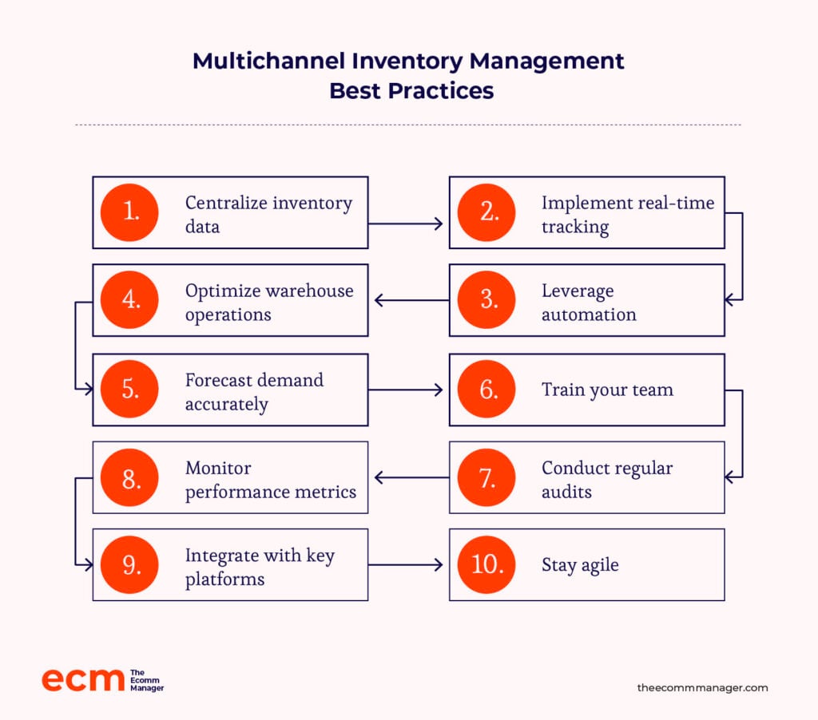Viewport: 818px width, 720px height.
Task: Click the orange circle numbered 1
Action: pos(129,212)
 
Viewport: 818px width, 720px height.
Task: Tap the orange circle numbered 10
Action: pos(486,564)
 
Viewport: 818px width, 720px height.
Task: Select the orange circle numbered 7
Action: pos(486,477)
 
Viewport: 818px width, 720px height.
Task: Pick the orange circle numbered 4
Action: pos(129,300)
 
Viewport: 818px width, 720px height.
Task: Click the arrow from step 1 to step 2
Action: pos(405,224)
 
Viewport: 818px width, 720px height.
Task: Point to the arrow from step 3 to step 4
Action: pos(411,300)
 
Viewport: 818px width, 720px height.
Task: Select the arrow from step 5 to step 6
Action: pos(405,390)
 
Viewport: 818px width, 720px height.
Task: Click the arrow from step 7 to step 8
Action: pos(411,477)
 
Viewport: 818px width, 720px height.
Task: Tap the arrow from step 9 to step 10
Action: pos(405,564)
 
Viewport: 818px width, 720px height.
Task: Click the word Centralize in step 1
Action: pos(226,202)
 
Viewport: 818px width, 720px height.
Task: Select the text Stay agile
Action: pos(580,565)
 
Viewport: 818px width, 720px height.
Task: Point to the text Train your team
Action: pos(607,390)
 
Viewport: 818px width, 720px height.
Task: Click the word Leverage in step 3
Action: pos(578,291)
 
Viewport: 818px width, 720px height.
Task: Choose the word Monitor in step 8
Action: pos(218,469)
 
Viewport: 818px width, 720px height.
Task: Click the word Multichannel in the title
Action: pos(268,61)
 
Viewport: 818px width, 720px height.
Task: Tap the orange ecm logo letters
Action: pos(83,680)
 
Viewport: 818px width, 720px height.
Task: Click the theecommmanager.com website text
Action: pos(702,688)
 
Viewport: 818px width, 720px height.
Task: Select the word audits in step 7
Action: pos(566,492)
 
